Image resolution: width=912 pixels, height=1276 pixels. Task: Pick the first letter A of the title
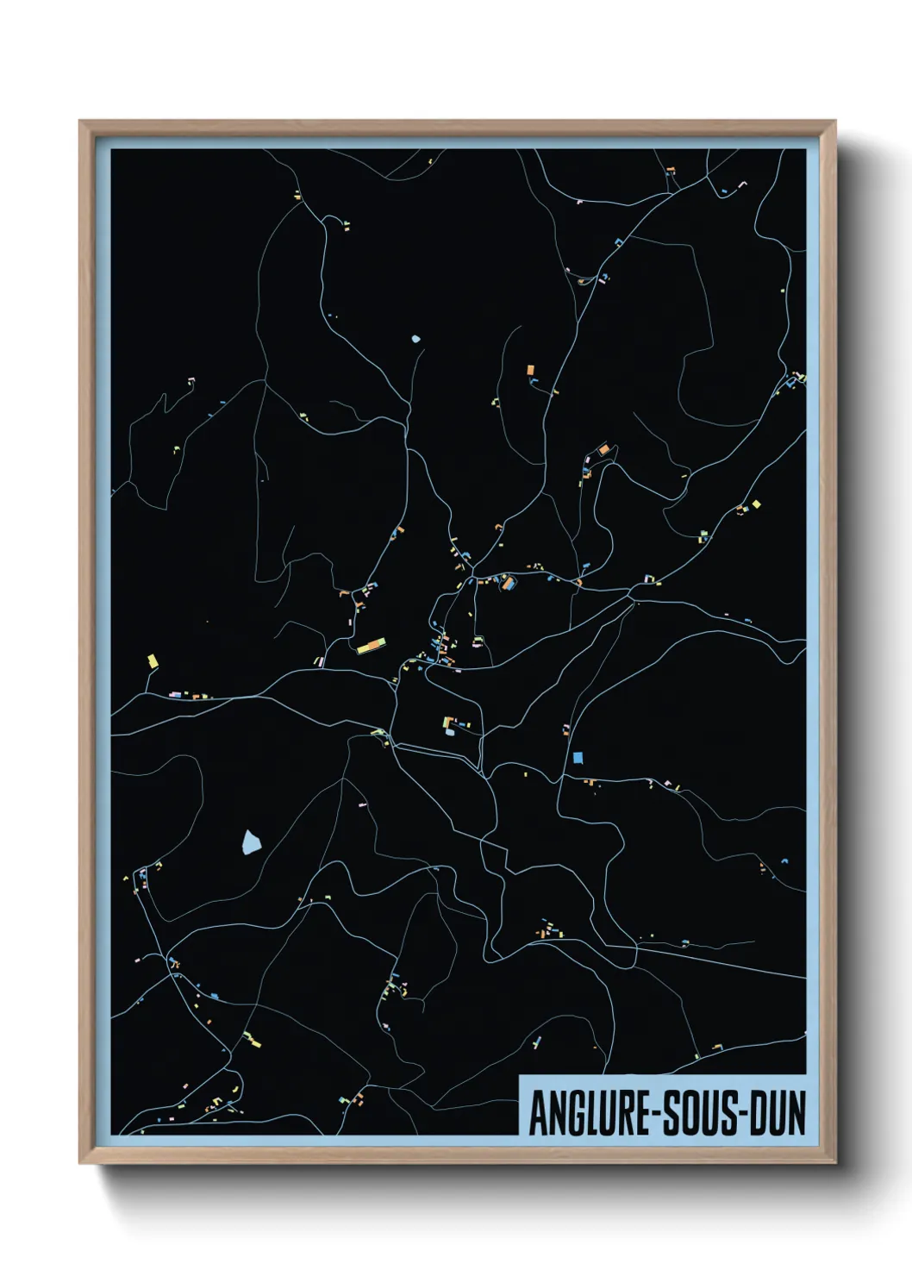(x=537, y=1113)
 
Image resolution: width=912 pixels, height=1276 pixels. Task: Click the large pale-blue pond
(x=251, y=841)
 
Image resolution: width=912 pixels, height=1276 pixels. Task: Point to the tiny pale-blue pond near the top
(x=416, y=339)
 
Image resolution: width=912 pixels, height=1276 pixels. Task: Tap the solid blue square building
(x=578, y=758)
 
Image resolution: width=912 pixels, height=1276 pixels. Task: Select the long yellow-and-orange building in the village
(x=371, y=644)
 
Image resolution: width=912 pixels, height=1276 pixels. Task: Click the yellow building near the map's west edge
(x=153, y=661)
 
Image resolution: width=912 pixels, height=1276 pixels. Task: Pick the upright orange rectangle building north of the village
(x=530, y=370)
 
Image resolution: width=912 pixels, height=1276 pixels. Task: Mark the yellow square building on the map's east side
(x=757, y=504)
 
